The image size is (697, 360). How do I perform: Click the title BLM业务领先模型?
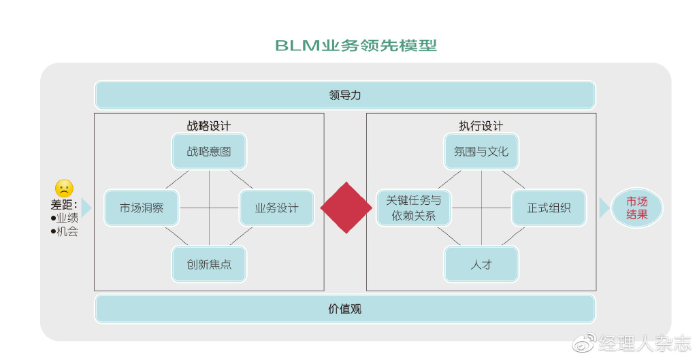[355, 46]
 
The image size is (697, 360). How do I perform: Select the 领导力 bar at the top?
[344, 95]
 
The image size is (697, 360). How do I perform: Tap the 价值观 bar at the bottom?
[344, 309]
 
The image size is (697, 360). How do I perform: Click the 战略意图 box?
[209, 151]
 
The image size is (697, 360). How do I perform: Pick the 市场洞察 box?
[142, 208]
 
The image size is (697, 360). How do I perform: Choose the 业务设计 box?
[276, 208]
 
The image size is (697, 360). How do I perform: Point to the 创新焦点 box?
[209, 264]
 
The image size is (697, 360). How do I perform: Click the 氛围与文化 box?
[481, 151]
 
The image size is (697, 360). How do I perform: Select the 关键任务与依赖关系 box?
[414, 208]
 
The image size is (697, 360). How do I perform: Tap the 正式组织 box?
[549, 208]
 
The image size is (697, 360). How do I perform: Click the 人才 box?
[481, 264]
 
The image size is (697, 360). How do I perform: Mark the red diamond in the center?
[346, 208]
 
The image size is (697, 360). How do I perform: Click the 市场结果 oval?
[637, 208]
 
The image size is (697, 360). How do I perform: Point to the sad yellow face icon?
[64, 189]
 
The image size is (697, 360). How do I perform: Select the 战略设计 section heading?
[209, 126]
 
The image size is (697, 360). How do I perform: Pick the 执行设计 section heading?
[481, 126]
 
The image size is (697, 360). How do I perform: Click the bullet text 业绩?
[67, 218]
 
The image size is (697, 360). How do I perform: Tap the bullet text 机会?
[67, 231]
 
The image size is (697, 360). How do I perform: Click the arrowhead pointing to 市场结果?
[604, 208]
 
